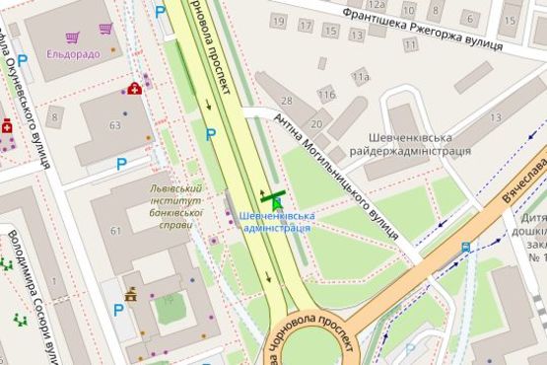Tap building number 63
tap(115, 125)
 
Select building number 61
tap(115, 231)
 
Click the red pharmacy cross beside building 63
tap(134, 89)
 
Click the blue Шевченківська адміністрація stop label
tap(276, 221)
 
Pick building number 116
tap(326, 94)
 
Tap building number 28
tap(289, 102)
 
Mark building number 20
tap(316, 123)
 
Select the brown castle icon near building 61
tap(130, 293)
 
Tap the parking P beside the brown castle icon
tap(118, 310)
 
